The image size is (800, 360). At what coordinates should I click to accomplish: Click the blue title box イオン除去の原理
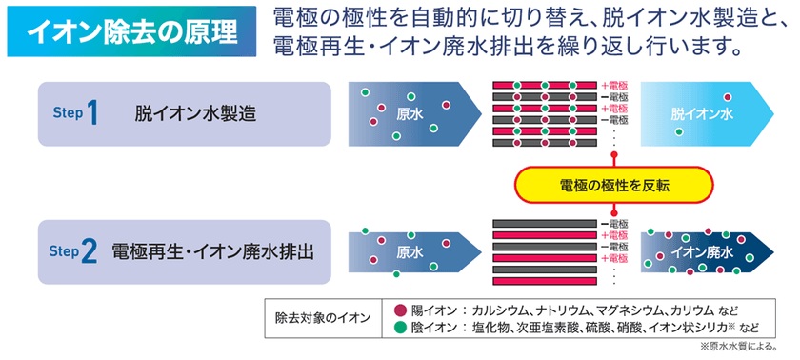point(131,31)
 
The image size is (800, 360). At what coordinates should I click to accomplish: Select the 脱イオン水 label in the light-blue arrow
point(703,113)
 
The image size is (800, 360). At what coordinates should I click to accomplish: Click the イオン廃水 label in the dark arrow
point(702,252)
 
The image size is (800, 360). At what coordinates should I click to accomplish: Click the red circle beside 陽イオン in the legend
point(399,310)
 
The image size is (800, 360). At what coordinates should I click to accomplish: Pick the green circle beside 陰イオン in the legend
point(399,328)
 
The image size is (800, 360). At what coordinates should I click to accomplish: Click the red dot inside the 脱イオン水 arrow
point(728,97)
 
